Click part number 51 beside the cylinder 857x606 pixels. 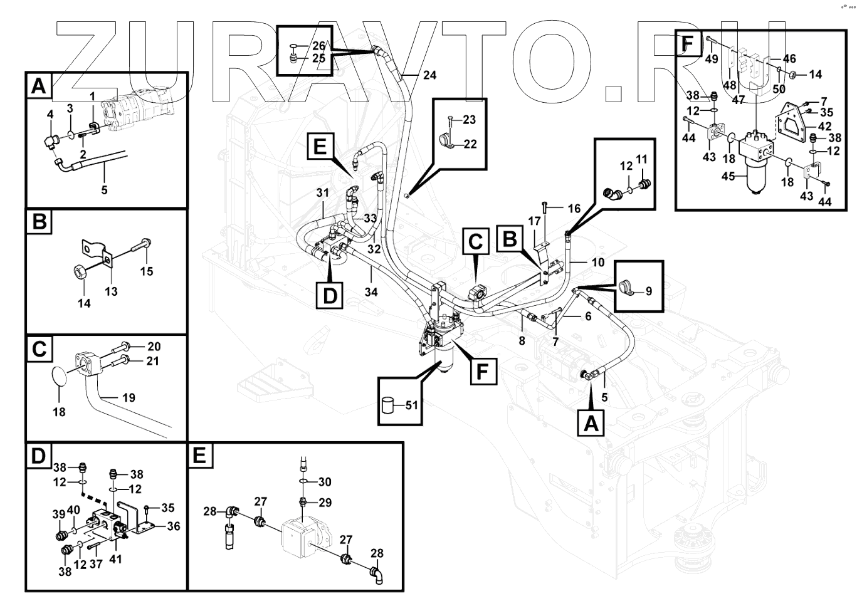point(411,405)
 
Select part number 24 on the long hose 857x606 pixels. point(429,75)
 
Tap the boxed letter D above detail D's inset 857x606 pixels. point(38,456)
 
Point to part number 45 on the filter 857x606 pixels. point(728,176)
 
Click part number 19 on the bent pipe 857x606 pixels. point(129,397)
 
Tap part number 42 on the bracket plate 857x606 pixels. point(824,127)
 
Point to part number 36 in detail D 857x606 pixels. point(173,526)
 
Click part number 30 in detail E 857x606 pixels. point(324,481)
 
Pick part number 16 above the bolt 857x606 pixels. point(574,208)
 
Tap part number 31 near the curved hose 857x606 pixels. point(322,193)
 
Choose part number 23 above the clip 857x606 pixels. point(470,120)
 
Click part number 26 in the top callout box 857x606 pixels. point(319,45)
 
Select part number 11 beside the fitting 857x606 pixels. point(641,160)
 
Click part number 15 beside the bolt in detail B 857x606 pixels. point(146,271)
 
